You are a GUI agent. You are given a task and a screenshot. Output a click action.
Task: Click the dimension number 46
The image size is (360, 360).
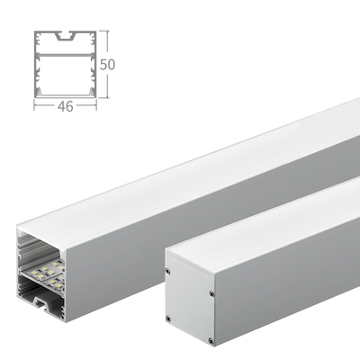tap(66, 105)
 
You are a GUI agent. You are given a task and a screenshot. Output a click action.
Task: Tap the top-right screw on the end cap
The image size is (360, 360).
tap(211, 292)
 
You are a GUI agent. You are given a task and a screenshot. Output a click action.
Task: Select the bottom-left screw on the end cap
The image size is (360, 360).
tap(167, 319)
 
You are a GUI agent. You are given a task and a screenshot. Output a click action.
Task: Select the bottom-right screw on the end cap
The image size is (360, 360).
tap(211, 341)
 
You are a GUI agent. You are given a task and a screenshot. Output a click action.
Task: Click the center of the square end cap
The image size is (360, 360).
tap(189, 306)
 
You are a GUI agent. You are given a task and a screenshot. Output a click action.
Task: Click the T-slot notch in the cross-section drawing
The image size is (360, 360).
tap(65, 40)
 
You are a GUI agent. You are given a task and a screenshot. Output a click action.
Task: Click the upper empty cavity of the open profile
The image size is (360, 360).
tap(36, 247)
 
